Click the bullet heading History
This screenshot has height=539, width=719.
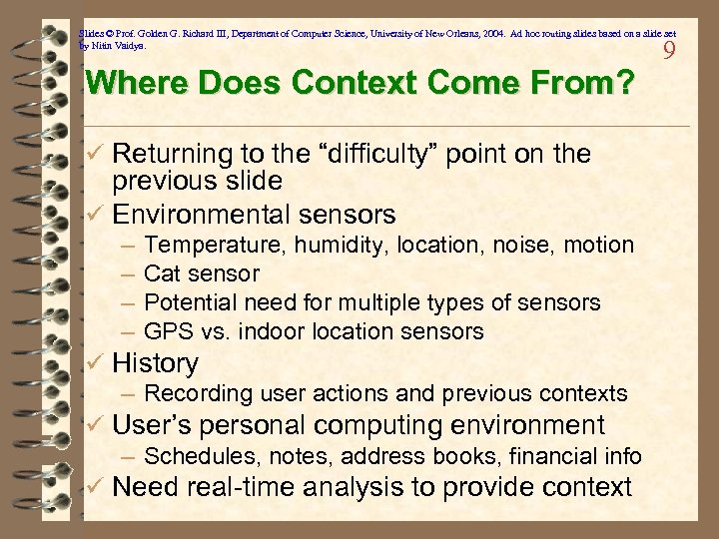point(155,363)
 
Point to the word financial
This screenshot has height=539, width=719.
point(552,457)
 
